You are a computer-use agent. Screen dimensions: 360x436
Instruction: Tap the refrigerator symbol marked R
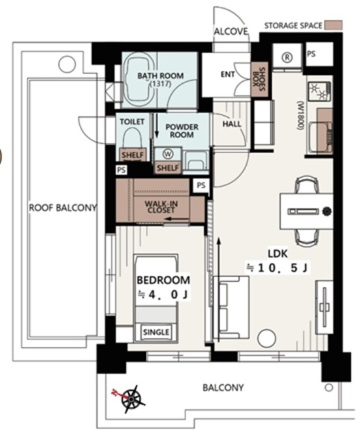click(x=287, y=57)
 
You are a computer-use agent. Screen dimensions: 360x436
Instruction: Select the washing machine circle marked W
click(x=168, y=154)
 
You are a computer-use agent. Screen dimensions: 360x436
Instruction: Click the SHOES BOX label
click(x=258, y=79)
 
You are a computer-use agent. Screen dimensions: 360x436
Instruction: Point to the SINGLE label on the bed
click(x=156, y=332)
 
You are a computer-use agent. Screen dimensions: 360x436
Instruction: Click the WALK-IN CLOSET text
click(x=161, y=207)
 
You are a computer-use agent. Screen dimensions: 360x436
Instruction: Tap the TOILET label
click(x=132, y=121)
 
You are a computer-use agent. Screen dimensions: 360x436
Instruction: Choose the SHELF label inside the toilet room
click(x=133, y=155)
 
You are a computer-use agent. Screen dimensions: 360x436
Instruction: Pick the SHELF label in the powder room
click(x=168, y=168)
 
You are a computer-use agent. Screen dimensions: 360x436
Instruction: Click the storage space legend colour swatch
click(x=333, y=25)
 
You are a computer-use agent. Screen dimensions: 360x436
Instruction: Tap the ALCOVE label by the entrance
click(x=230, y=31)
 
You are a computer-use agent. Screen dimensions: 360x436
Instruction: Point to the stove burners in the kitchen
click(x=319, y=91)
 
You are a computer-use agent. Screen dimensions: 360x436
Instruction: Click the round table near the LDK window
click(x=267, y=338)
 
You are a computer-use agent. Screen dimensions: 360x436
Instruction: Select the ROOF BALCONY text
click(x=63, y=208)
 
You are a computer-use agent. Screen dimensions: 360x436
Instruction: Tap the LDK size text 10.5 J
click(x=277, y=268)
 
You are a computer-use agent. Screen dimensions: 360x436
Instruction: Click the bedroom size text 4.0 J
click(x=163, y=294)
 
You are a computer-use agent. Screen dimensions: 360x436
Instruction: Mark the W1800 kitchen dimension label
click(x=301, y=116)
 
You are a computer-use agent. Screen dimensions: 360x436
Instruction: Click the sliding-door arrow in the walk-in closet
click(x=177, y=219)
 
